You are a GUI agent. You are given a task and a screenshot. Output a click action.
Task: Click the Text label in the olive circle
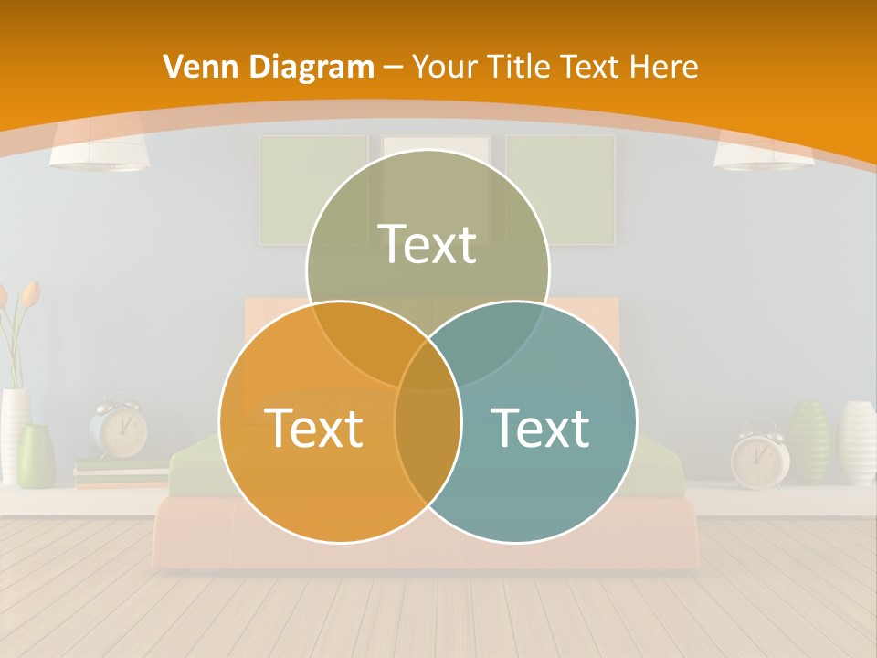(428, 244)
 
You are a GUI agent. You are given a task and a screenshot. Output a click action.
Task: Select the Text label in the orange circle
(313, 428)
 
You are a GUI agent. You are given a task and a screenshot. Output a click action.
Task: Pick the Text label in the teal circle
(540, 428)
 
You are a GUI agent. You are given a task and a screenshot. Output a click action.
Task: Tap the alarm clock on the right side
(759, 457)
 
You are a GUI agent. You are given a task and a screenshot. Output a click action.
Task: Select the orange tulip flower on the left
(29, 293)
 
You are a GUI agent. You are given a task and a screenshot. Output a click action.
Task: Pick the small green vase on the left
(37, 454)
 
